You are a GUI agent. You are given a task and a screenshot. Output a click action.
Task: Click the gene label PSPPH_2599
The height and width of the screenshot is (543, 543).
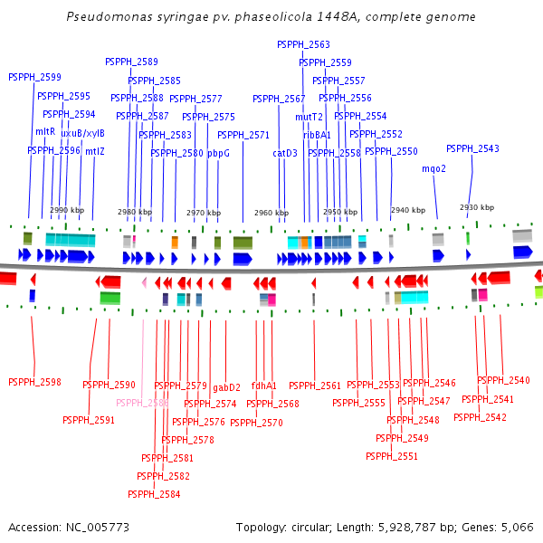click(x=34, y=78)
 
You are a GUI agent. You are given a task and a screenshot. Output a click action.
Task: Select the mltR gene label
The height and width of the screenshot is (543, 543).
click(x=45, y=132)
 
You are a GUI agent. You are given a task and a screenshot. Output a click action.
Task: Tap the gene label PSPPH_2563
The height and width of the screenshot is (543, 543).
click(x=303, y=44)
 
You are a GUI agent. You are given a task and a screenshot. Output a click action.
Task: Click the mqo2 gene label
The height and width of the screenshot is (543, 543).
click(x=434, y=168)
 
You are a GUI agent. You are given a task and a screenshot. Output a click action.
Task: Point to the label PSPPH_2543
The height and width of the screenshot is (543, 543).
click(x=472, y=148)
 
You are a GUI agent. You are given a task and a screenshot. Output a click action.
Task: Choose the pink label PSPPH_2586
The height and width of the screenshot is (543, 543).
click(x=142, y=403)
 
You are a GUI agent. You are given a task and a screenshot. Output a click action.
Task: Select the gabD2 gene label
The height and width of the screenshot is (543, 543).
click(x=226, y=388)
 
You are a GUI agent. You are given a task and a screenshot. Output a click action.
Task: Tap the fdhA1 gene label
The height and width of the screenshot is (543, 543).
click(x=264, y=386)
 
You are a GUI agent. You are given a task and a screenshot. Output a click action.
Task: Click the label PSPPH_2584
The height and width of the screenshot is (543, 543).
click(x=154, y=494)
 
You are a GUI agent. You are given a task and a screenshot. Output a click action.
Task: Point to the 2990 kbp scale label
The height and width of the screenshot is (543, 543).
click(x=67, y=210)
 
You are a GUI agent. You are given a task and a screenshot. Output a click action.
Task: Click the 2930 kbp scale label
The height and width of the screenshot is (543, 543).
click(x=477, y=207)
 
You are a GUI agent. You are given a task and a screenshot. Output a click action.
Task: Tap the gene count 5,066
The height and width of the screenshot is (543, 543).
click(x=514, y=527)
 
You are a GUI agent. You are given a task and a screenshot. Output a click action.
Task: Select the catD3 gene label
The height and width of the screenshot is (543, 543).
click(x=285, y=154)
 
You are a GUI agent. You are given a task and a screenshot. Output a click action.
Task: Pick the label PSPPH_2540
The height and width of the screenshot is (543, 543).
click(x=503, y=380)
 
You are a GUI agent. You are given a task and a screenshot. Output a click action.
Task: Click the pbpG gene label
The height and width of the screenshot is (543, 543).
click(x=218, y=154)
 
